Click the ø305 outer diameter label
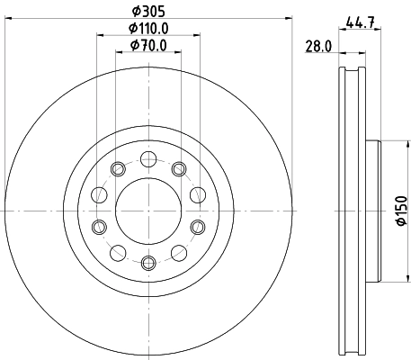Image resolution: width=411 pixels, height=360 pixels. coord(149,12)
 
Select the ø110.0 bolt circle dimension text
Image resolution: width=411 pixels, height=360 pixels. coord(149,29)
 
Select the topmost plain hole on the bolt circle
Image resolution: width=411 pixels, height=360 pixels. coord(149,159)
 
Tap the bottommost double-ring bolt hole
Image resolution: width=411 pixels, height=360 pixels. coord(149,262)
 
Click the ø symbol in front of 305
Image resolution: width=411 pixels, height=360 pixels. coord(136,12)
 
